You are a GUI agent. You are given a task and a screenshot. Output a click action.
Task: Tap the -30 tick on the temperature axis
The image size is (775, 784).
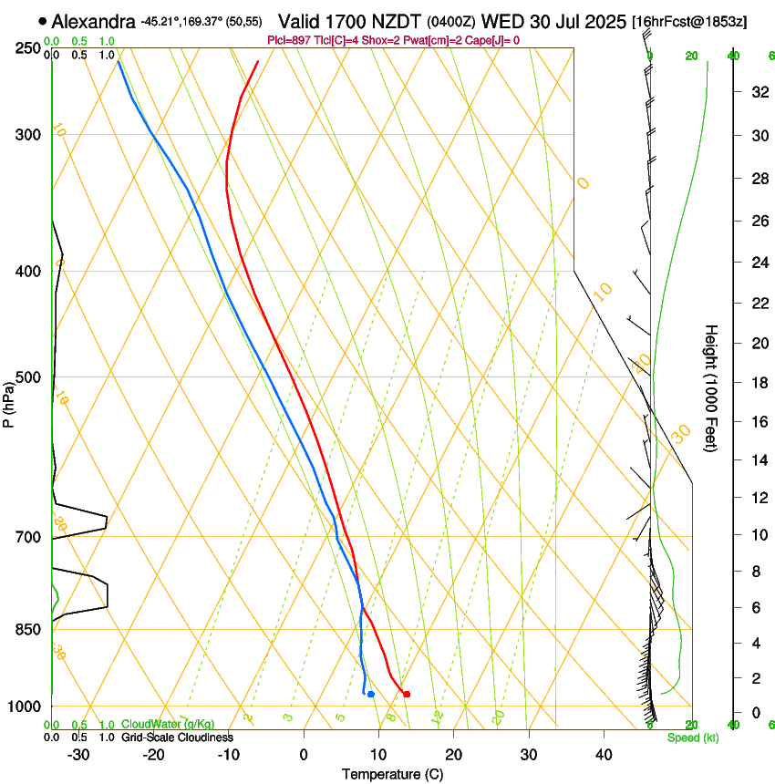[78, 755]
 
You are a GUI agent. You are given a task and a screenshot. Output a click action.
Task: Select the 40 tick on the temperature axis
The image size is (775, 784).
[603, 755]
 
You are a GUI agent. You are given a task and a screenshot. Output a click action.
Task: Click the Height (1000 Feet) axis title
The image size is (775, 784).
[711, 387]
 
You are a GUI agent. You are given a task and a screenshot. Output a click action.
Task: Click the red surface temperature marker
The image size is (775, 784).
[407, 695]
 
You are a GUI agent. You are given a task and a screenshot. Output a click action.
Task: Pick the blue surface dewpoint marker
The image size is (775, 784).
[371, 695]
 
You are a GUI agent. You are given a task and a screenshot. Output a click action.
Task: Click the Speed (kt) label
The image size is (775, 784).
[692, 738]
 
